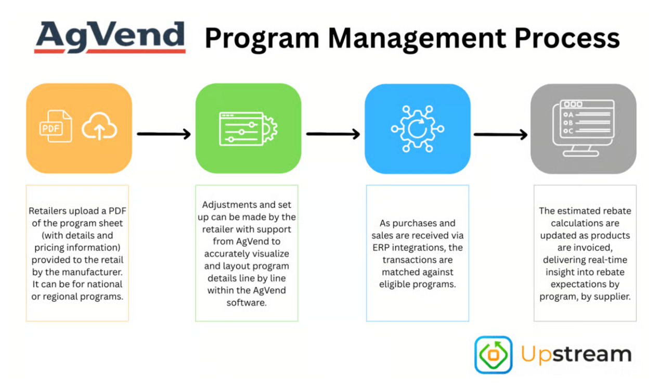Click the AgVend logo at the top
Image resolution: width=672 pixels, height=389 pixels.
click(110, 37)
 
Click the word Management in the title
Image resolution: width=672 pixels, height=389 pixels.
click(417, 39)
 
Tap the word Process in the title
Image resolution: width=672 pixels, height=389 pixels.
click(567, 38)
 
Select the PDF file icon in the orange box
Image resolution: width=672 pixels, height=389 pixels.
click(56, 126)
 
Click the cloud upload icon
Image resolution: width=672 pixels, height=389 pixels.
click(99, 126)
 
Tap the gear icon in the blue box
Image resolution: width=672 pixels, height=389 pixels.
click(418, 128)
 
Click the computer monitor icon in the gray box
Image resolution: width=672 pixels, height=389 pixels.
click(584, 128)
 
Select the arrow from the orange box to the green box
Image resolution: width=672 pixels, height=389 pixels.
click(164, 134)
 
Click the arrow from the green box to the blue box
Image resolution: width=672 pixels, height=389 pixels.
click(333, 134)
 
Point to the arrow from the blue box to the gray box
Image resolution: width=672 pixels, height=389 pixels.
click(501, 135)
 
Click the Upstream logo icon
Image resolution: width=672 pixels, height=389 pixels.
click(494, 355)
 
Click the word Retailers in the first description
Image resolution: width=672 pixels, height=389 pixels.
click(48, 211)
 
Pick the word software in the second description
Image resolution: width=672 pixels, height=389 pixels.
click(247, 303)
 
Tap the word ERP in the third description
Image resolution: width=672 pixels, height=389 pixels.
click(381, 248)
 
